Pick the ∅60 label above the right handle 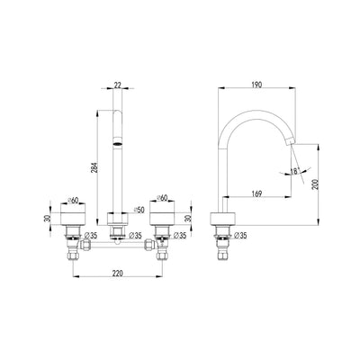[x=162, y=199]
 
